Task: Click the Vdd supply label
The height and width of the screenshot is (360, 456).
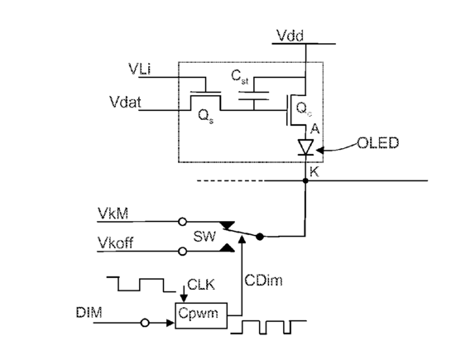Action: [x=290, y=36]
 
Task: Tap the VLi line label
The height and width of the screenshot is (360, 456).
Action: [x=140, y=70]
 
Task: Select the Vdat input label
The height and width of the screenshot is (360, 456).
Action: [x=125, y=102]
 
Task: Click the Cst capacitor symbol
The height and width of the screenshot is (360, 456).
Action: [x=253, y=96]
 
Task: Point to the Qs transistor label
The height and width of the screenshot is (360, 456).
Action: [x=205, y=117]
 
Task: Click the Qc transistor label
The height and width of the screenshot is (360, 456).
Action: [x=304, y=109]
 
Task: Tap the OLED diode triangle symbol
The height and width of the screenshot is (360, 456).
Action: [x=305, y=147]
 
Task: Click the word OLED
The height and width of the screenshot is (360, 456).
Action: [x=377, y=143]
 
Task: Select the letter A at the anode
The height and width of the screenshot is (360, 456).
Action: [x=315, y=129]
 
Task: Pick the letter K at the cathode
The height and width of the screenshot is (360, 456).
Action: [x=314, y=172]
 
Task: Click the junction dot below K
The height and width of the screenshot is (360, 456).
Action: [x=305, y=181]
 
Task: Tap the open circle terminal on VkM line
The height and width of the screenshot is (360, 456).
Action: [x=182, y=222]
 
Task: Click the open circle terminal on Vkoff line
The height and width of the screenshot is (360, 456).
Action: [x=182, y=252]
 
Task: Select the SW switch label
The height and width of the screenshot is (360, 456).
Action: [x=204, y=237]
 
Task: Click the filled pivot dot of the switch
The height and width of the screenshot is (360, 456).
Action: [x=260, y=237]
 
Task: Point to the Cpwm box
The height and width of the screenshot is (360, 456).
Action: [x=201, y=316]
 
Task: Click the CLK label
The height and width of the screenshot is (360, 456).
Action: [x=201, y=285]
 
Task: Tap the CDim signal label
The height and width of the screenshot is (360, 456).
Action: [x=263, y=281]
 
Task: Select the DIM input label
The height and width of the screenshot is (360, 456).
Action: [x=89, y=313]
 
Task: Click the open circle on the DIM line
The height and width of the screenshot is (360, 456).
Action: [x=145, y=323]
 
